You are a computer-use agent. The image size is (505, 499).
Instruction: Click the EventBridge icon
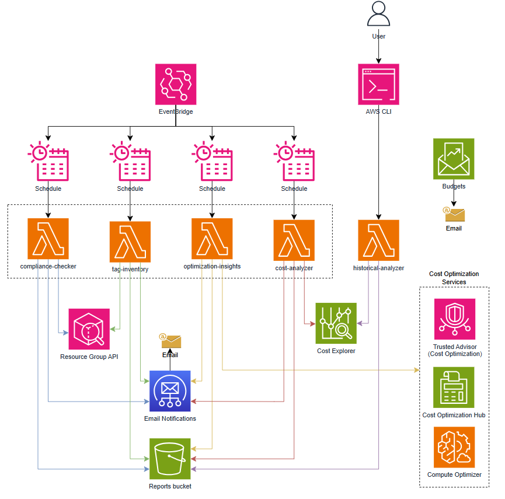click(x=176, y=85)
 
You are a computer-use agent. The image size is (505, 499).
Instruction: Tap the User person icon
click(x=378, y=14)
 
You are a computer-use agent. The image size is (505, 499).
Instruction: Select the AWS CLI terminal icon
click(x=378, y=84)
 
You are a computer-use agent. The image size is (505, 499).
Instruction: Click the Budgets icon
click(x=454, y=159)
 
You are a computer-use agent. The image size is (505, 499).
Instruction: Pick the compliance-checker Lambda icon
click(x=48, y=239)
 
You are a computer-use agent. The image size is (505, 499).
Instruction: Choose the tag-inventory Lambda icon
click(x=130, y=242)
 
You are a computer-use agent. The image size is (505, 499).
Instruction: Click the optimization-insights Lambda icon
click(x=212, y=239)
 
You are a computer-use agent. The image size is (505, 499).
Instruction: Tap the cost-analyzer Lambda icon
click(x=294, y=240)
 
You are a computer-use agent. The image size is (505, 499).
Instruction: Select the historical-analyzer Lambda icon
click(x=378, y=240)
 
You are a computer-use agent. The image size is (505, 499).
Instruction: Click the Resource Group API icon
click(x=89, y=329)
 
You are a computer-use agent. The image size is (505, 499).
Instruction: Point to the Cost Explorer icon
click(x=336, y=323)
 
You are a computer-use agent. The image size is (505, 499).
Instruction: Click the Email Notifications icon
click(x=170, y=391)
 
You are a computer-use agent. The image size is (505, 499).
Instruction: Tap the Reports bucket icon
click(x=170, y=459)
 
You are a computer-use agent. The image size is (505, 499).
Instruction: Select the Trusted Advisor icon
click(x=454, y=319)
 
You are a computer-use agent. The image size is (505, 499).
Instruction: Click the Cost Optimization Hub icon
click(x=454, y=388)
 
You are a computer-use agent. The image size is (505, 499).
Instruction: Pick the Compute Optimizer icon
click(x=454, y=447)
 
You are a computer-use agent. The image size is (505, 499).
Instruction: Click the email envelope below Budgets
click(x=454, y=214)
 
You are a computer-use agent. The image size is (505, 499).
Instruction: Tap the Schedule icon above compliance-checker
click(x=48, y=162)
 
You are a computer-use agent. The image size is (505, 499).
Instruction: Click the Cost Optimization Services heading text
click(x=454, y=278)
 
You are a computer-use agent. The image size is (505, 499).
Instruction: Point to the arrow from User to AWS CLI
click(x=378, y=51)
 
